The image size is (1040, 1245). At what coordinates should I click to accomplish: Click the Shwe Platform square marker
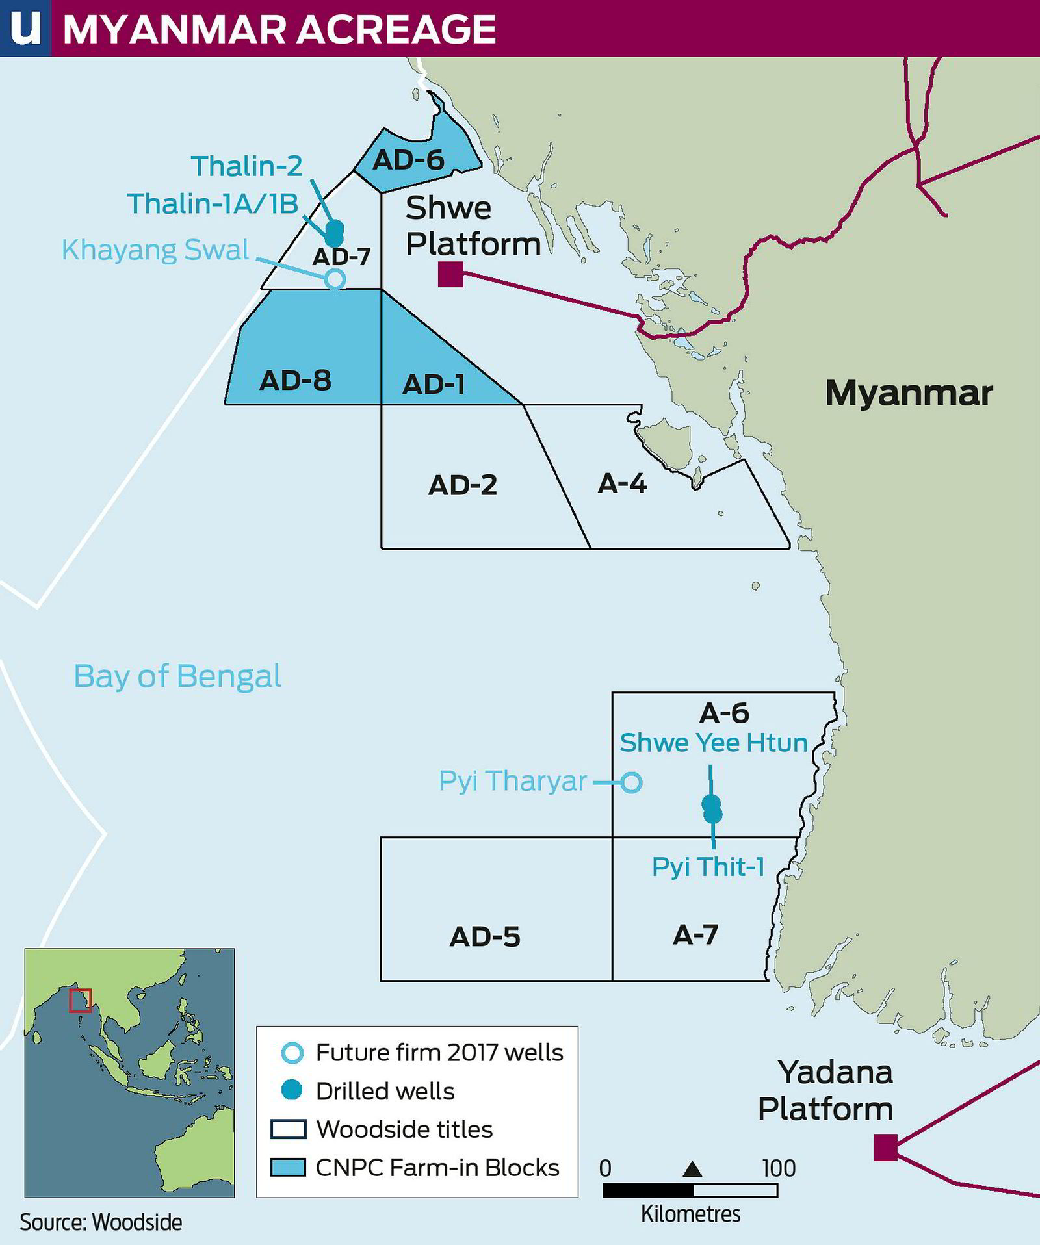[x=450, y=274]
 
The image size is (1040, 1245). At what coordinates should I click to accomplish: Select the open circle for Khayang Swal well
[x=335, y=279]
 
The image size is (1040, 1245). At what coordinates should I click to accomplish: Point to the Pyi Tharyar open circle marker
[x=631, y=782]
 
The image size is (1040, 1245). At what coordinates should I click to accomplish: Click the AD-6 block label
[x=408, y=160]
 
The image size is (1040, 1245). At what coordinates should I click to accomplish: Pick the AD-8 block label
[x=296, y=380]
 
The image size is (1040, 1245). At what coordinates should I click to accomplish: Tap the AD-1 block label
[x=434, y=385]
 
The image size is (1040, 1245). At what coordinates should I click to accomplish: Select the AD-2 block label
[x=462, y=485]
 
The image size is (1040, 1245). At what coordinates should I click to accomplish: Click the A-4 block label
[x=622, y=483]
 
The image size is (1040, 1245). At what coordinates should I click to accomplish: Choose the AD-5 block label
[x=485, y=936]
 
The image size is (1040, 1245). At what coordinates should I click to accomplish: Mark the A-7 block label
[x=695, y=934]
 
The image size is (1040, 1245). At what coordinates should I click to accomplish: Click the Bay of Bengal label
[x=177, y=676]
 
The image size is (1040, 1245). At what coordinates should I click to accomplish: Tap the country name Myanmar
[x=909, y=393]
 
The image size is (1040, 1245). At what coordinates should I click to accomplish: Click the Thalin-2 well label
[x=246, y=166]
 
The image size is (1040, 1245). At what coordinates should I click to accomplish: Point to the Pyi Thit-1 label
[x=708, y=867]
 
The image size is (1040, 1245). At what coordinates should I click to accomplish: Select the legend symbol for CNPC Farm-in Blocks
[x=288, y=1168]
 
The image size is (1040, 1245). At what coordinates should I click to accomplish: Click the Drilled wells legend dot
[x=292, y=1091]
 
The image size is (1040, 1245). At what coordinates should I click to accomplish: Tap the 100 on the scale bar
[x=778, y=1168]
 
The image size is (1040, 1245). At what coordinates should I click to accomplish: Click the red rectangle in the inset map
[x=81, y=1001]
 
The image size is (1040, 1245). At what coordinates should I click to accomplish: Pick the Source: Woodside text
[x=101, y=1222]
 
